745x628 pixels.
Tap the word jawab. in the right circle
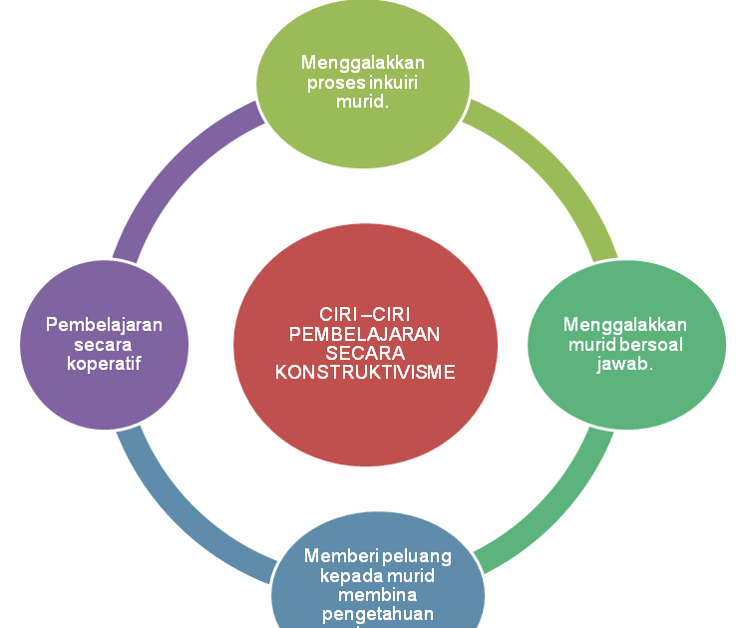pyautogui.click(x=624, y=364)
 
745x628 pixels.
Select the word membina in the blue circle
pyautogui.click(x=377, y=595)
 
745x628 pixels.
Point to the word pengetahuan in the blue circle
pyautogui.click(x=377, y=614)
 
